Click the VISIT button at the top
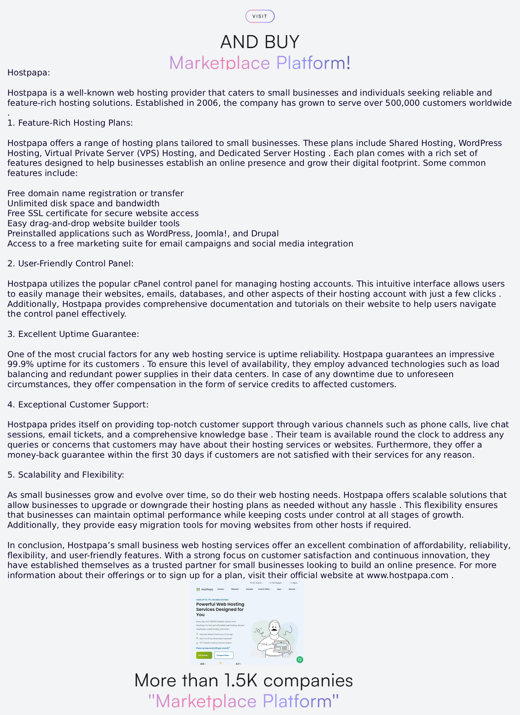[x=260, y=16]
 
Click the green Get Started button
[x=204, y=655]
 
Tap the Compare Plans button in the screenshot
[x=224, y=655]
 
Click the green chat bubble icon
[x=300, y=659]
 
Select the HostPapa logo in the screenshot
[x=205, y=589]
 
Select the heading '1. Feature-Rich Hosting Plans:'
[x=70, y=123]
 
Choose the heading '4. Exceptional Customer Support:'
[x=78, y=405]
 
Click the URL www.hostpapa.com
[x=408, y=575]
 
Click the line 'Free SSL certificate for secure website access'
[x=103, y=213]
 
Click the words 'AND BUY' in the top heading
[x=260, y=42]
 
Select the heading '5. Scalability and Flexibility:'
[x=66, y=475]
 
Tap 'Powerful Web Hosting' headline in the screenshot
[x=220, y=604]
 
